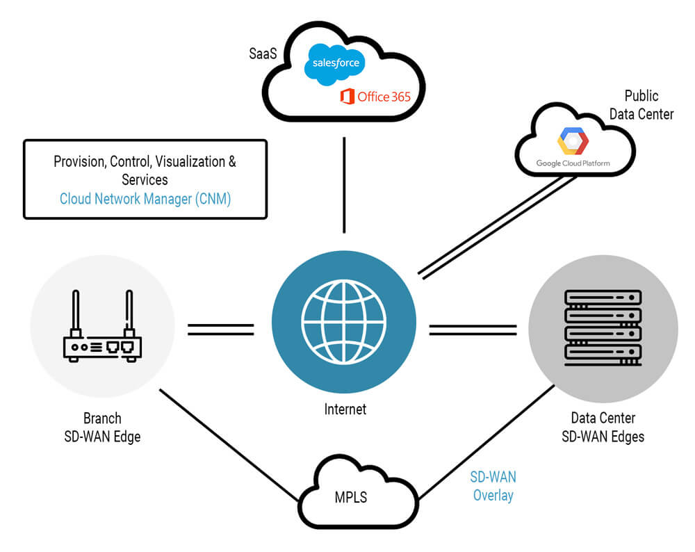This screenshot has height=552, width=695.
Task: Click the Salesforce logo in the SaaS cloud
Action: pos(336,63)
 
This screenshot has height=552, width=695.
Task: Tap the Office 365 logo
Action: pos(375,97)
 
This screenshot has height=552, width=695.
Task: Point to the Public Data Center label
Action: pos(641,105)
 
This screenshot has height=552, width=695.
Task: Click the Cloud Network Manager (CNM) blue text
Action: pos(145,199)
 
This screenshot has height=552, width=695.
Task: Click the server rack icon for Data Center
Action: pos(603,327)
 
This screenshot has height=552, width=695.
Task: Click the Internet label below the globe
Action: pos(345,409)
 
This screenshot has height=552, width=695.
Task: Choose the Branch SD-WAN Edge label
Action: pos(102,428)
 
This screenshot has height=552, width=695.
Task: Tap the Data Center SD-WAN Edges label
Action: pos(603,428)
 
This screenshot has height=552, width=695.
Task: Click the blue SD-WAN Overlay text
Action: pos(493,486)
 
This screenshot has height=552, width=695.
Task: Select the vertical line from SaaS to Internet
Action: pos(344,185)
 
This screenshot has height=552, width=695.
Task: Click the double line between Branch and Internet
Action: pos(221,329)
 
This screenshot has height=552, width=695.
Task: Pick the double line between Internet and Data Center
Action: pos(473,329)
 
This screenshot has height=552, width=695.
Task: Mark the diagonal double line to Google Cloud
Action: pos(497,226)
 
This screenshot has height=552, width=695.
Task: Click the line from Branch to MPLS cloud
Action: pos(229,445)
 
